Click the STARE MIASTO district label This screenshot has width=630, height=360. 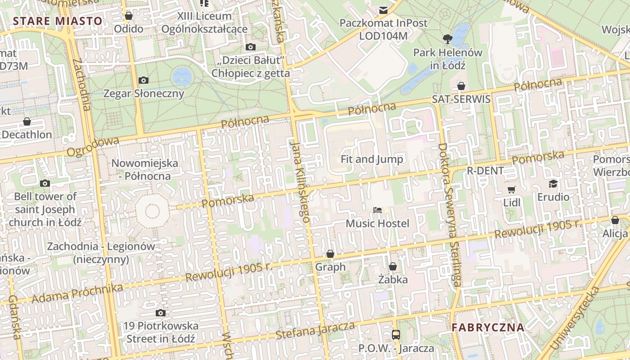pos(58,21)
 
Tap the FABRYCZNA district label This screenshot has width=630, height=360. pos(488,328)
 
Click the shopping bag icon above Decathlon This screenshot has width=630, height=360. pos(27,122)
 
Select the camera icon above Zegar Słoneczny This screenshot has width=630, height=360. pos(144,81)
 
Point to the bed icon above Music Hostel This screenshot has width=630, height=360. pos(378,210)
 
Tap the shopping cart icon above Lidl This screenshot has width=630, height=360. pos(511,189)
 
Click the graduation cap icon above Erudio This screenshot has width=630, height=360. pos(553,184)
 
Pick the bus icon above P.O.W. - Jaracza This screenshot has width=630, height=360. pos(396,335)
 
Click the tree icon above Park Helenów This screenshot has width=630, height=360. pos(447,39)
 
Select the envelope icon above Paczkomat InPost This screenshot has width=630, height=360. pos(383,10)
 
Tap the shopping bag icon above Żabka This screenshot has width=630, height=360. pos(393,266)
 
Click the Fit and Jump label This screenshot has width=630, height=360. pos(372,159)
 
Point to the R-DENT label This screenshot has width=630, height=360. pos(485,171)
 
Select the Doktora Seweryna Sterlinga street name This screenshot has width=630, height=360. pos(450,215)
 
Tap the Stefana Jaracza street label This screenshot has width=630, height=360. pos(315,331)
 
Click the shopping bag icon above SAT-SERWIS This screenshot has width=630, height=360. pos(461,86)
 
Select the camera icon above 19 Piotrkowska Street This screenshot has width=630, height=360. pos(161,313)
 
